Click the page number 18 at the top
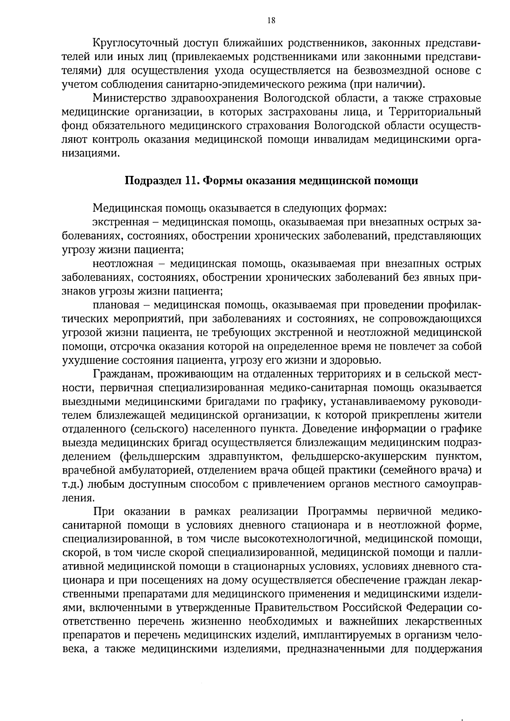(272, 20)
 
